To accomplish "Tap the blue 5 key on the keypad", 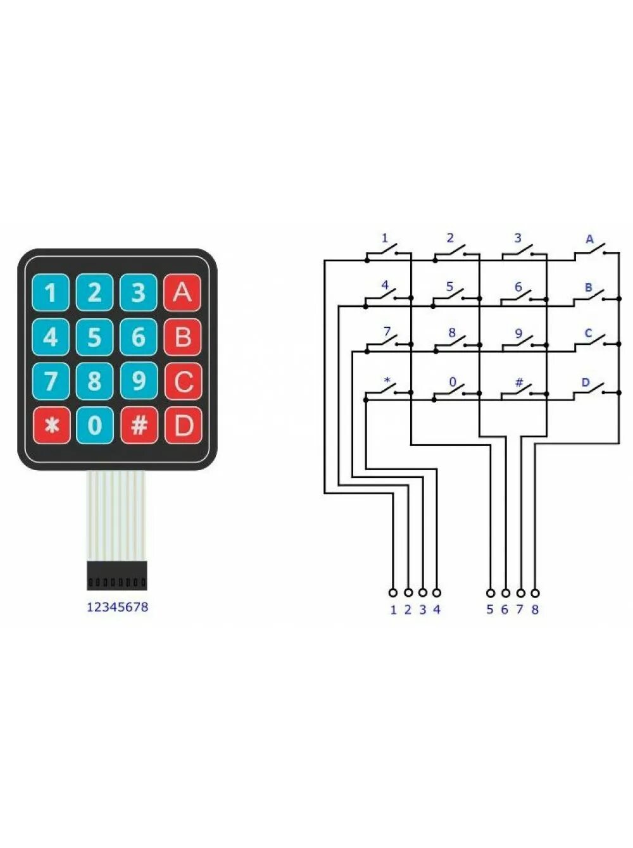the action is [x=94, y=337].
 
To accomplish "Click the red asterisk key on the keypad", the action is [x=51, y=425].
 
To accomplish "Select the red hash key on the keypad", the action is [x=139, y=425].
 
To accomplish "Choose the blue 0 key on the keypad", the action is [x=94, y=425].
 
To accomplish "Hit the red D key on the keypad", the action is [x=183, y=425].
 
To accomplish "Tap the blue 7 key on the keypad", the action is [x=51, y=381].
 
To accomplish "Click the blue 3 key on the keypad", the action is [x=139, y=293].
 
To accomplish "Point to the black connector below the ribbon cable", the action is [x=117, y=576].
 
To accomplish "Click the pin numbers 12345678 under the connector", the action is [x=117, y=607].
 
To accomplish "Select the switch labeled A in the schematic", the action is [x=590, y=252].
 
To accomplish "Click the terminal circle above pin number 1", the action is [x=392, y=593].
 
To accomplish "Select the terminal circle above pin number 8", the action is [x=535, y=593].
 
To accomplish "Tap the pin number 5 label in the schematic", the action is [x=489, y=610].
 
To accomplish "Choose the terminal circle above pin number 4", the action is [x=436, y=593].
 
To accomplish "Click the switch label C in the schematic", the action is [x=588, y=333].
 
